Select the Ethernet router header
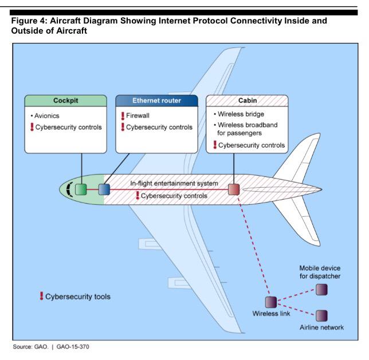pos(156,101)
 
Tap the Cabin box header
pos(248,101)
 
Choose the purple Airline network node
pos(322,315)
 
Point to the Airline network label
pos(321,327)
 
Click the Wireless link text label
pos(270,314)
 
